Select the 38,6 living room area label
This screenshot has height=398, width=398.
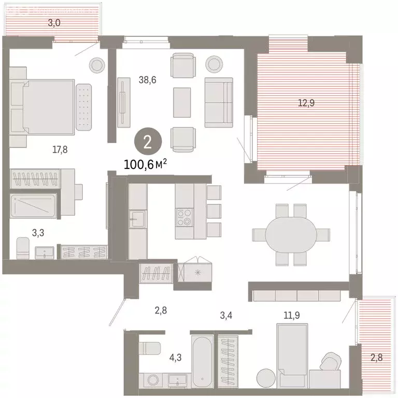(148, 80)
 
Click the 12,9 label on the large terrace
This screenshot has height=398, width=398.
(306, 103)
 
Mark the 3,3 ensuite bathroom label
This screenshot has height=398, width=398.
(38, 233)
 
